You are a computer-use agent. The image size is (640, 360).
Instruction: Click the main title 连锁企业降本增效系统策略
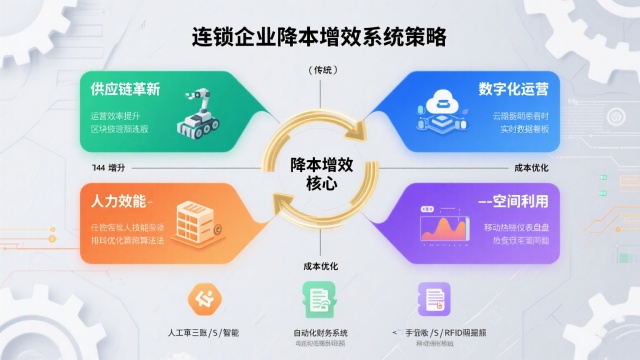319,36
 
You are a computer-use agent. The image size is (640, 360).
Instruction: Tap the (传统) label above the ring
320,70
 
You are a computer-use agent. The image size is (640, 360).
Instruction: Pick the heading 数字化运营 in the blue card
513,88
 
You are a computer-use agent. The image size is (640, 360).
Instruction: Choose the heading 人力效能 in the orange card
111,197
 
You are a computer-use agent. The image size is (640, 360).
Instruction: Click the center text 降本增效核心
319,174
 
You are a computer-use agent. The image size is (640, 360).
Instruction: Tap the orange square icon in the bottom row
204,299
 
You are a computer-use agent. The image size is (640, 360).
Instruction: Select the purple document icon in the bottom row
433,299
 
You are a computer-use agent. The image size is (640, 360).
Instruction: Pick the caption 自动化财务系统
320,332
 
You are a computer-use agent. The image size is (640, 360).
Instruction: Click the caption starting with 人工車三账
204,332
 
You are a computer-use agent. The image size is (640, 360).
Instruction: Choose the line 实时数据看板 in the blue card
520,129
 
